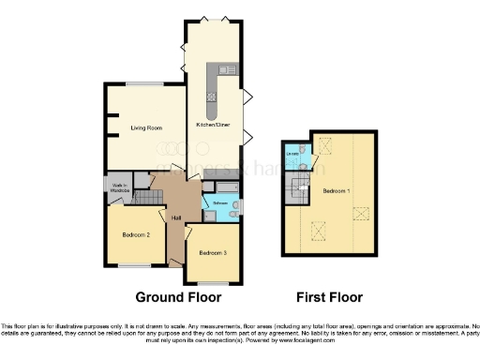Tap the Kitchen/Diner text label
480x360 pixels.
pyautogui.click(x=213, y=124)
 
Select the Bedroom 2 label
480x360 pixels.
pyautogui.click(x=136, y=234)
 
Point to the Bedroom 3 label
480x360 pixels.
pyautogui.click(x=213, y=253)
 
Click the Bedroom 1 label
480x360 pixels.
pyautogui.click(x=337, y=190)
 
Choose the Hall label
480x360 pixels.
pyautogui.click(x=175, y=218)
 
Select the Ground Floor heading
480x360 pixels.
pyautogui.click(x=179, y=297)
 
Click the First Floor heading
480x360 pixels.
pyautogui.click(x=329, y=297)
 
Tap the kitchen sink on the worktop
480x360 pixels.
pyautogui.click(x=223, y=68)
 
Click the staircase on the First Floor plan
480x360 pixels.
pyautogui.click(x=300, y=190)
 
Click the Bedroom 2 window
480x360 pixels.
pyautogui.click(x=136, y=266)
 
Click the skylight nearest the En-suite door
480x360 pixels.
pyautogui.click(x=326, y=145)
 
